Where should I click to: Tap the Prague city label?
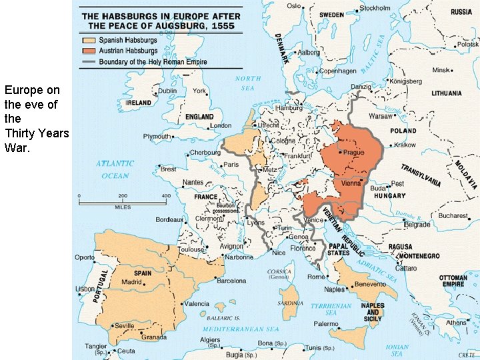[353, 153]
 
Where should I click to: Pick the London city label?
[220, 125]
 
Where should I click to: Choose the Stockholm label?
[375, 8]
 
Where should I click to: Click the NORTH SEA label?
[248, 83]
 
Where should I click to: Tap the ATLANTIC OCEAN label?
[115, 169]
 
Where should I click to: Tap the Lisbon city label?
[85, 289]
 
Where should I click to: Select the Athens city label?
[456, 323]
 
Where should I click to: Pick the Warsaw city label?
[381, 116]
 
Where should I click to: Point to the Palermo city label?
[327, 324]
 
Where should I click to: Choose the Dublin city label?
[167, 91]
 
